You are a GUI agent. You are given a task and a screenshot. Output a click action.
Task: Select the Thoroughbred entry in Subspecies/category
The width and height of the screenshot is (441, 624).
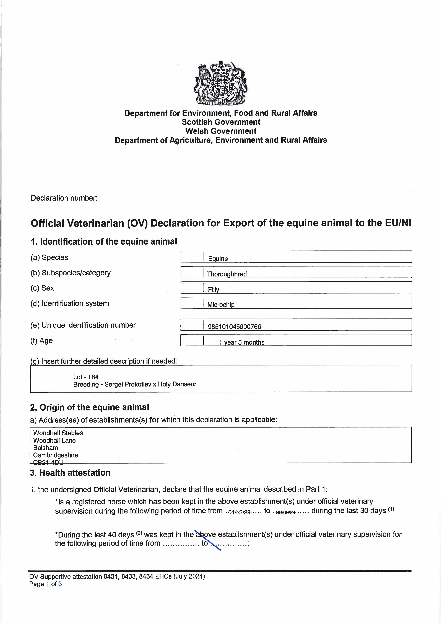point(227,274)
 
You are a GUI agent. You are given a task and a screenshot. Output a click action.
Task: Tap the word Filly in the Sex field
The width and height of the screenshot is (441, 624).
point(214,289)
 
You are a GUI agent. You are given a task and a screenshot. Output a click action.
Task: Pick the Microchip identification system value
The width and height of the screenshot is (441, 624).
point(221,305)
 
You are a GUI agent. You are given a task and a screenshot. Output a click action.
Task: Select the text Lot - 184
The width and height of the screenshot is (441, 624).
point(86,377)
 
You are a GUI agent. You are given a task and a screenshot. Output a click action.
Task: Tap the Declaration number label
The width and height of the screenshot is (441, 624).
point(64,198)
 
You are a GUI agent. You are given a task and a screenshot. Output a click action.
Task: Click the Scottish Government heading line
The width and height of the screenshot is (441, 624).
point(221,122)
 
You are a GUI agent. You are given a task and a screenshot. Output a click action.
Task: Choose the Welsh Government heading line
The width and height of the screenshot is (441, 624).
point(221,131)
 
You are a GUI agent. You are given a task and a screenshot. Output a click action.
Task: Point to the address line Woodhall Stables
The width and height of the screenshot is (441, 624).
point(58,433)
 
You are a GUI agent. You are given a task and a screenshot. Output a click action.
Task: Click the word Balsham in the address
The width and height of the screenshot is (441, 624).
point(46,448)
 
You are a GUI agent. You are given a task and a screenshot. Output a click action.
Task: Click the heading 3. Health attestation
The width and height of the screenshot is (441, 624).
point(70,473)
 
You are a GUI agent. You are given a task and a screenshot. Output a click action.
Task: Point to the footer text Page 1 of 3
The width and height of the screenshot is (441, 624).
point(45,584)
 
